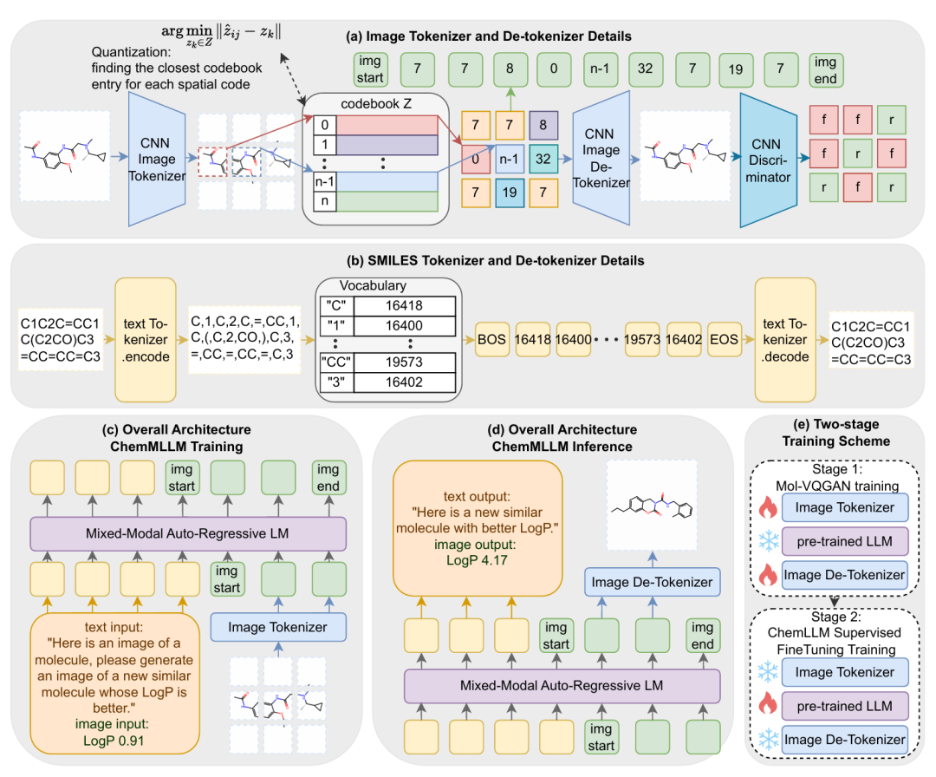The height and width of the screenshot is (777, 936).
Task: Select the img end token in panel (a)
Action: click(x=825, y=69)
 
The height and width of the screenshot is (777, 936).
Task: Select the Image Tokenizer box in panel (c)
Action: click(x=277, y=625)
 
